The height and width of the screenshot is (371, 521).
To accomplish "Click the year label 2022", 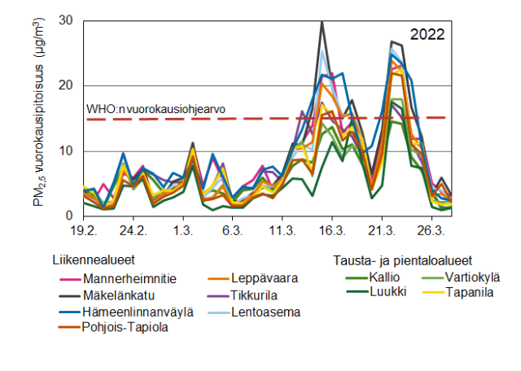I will pyautogui.click(x=427, y=34).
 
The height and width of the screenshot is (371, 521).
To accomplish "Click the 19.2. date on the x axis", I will pyautogui.click(x=85, y=231).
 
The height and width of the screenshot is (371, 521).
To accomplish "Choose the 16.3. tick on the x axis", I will pyautogui.click(x=332, y=231).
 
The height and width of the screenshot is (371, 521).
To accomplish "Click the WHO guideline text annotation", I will pyautogui.click(x=155, y=108).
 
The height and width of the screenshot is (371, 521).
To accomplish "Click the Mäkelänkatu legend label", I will pyautogui.click(x=120, y=295).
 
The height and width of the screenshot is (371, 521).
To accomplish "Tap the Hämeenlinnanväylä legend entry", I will pyautogui.click(x=134, y=311).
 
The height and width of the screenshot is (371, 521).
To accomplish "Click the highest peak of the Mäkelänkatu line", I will pyautogui.click(x=322, y=22).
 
